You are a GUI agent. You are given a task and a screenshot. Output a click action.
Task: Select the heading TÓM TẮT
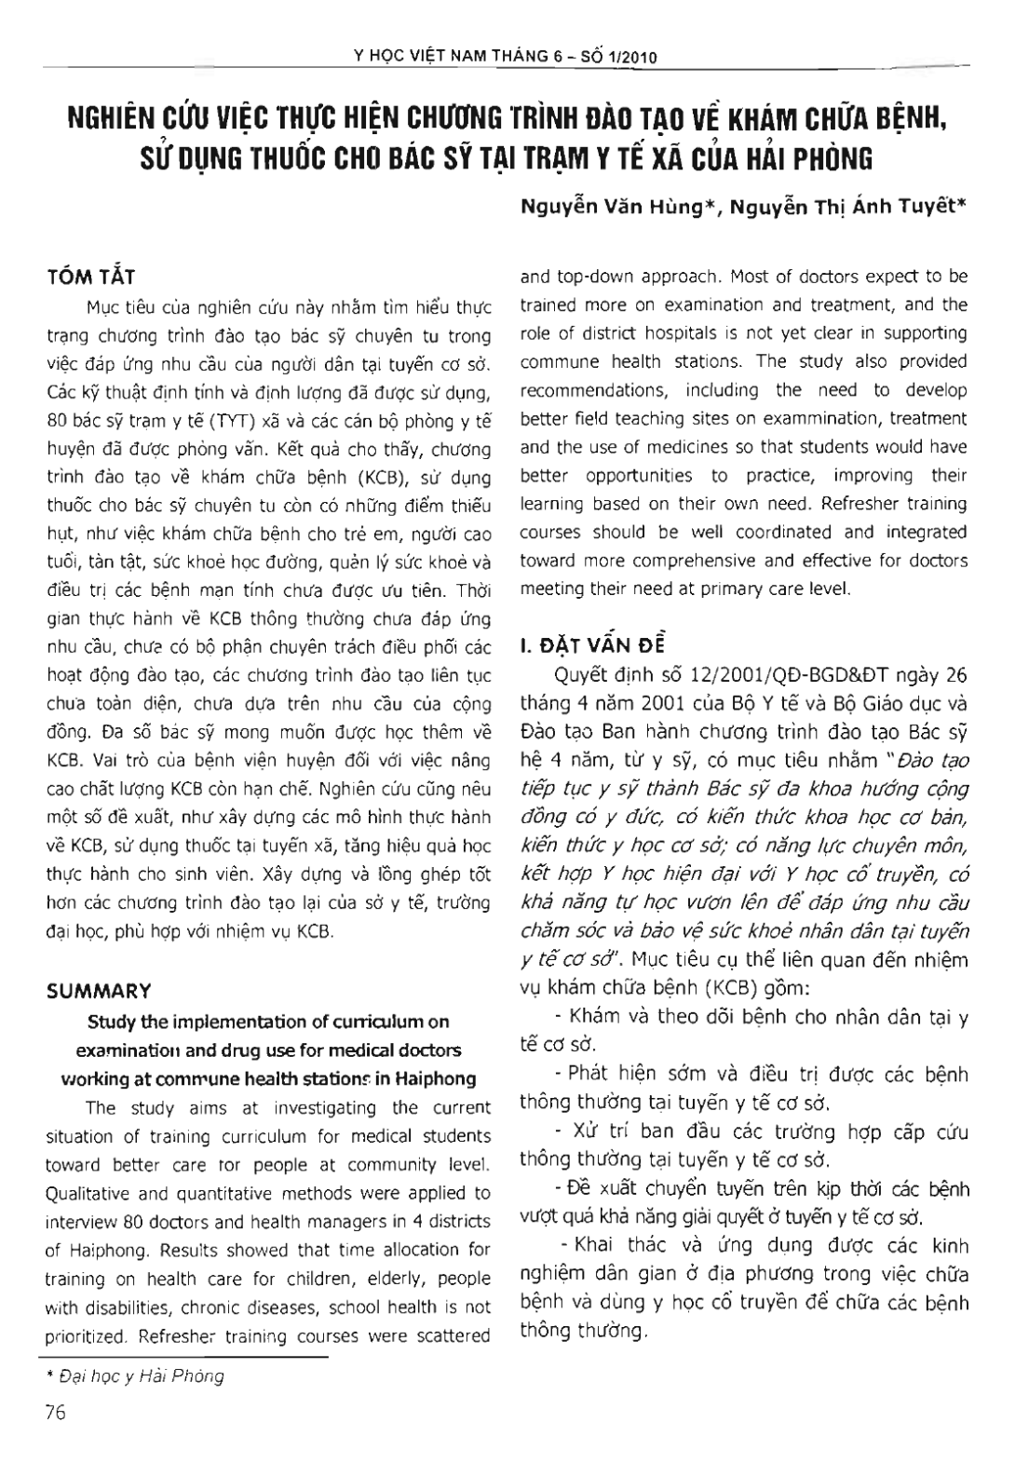[91, 277]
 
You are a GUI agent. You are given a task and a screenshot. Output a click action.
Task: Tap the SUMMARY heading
[99, 991]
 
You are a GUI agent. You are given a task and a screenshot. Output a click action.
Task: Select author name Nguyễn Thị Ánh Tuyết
[848, 210]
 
